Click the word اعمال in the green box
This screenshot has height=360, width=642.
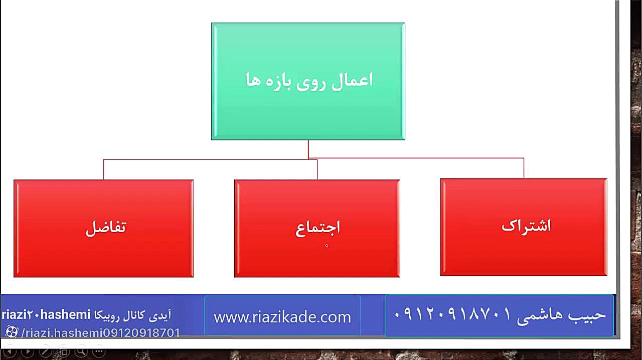pos(352,81)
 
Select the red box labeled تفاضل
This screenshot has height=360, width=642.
pos(104,229)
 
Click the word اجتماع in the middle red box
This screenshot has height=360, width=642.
pos(317,229)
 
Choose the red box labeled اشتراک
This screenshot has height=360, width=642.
pos(524,227)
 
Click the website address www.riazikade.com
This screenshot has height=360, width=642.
pos(282,317)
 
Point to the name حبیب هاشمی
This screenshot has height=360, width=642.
pos(561,316)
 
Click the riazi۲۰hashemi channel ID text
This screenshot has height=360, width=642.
pos(46,315)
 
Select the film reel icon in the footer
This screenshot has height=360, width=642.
pos(12,332)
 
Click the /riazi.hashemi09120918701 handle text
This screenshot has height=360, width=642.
pos(100,333)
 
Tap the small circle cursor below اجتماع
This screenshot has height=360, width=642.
pos(327,246)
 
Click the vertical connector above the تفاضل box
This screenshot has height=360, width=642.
pos(103,169)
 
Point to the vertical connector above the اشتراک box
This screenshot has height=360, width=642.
pos(524,168)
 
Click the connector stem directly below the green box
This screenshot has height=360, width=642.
pos(308,149)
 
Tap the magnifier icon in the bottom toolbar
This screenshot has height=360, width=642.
pos(81,351)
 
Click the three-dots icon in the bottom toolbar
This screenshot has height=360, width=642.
pos(99,351)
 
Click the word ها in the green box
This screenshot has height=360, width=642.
pos(253,81)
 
